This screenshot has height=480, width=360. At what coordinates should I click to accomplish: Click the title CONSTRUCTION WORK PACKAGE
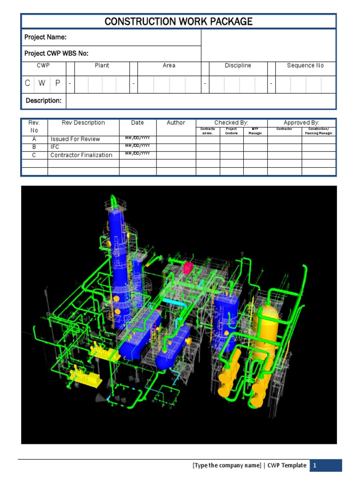(178, 22)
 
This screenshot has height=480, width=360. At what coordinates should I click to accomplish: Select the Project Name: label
(45, 37)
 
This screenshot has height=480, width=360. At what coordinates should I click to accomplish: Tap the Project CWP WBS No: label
(56, 53)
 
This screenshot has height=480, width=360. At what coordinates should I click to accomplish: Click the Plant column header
(102, 66)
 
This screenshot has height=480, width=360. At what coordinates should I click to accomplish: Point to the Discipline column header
(238, 66)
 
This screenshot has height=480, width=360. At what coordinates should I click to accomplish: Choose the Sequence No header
(305, 66)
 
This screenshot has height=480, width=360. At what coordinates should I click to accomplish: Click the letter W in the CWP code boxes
(42, 83)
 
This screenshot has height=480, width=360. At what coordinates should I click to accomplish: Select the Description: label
(44, 101)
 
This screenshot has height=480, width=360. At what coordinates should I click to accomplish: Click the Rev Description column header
(83, 123)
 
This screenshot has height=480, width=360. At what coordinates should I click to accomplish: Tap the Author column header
(176, 123)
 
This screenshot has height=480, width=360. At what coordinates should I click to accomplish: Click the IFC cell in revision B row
(55, 147)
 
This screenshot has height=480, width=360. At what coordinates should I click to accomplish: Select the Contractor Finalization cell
(81, 155)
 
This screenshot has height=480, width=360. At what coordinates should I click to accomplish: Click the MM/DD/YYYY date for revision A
(137, 138)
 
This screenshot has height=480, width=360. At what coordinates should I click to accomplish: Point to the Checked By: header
(231, 123)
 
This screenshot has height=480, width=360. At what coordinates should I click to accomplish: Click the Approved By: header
(301, 123)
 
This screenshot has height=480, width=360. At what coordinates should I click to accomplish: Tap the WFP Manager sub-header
(255, 131)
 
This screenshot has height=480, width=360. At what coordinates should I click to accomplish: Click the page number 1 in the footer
(315, 465)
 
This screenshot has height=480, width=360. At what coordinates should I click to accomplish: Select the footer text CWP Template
(287, 465)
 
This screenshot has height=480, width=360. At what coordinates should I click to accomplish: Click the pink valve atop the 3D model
(188, 268)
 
